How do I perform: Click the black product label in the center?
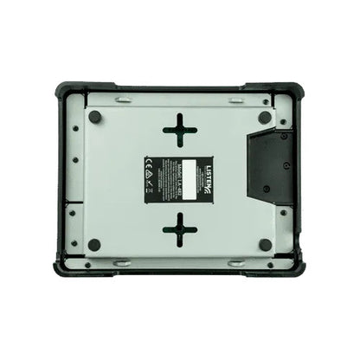pos(180,178)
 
